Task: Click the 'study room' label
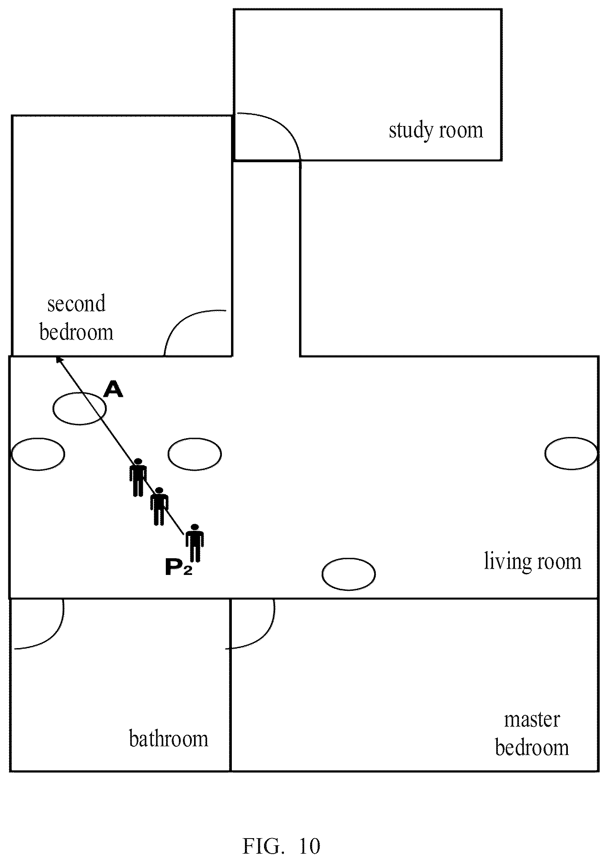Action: [x=436, y=131]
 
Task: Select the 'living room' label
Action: [x=532, y=561]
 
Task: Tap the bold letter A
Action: [x=113, y=389]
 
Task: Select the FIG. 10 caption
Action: [x=282, y=846]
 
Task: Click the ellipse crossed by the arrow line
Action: [x=80, y=408]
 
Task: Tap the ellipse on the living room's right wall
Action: [x=571, y=453]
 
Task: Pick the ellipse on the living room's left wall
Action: [x=38, y=454]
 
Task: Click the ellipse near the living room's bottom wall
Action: [x=348, y=574]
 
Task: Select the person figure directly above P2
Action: [x=194, y=542]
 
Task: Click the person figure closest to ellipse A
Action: [x=138, y=477]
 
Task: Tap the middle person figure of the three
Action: [x=159, y=506]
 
